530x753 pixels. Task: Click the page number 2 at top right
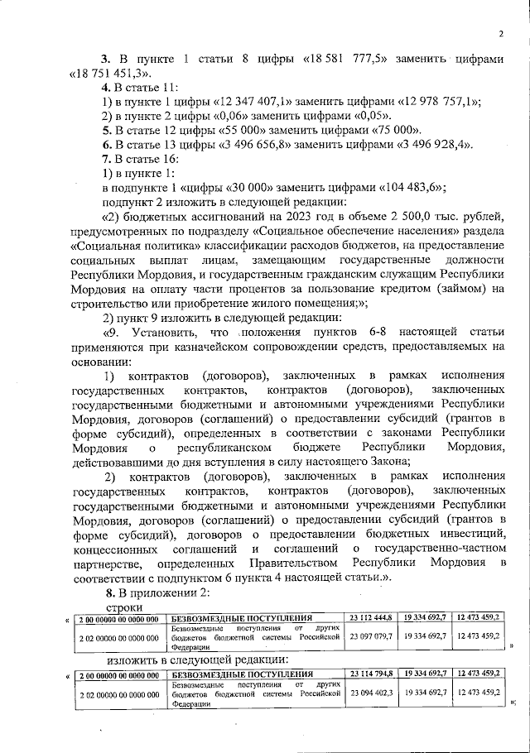pos(501,33)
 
